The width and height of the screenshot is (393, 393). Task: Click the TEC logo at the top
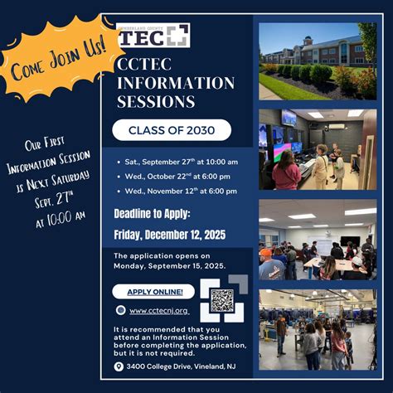point(153,35)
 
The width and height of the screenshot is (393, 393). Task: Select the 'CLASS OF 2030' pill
point(172,130)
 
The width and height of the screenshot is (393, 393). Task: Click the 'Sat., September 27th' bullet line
point(181,162)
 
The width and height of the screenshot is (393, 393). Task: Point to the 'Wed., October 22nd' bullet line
point(177,176)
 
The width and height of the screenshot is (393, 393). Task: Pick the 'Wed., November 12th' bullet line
point(181,191)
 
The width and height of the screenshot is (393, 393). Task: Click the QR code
point(223,299)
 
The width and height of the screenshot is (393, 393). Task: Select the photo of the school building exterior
point(317,61)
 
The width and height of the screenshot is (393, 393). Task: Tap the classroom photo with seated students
point(317,239)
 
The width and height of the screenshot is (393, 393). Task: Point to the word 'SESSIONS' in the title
point(156,101)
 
